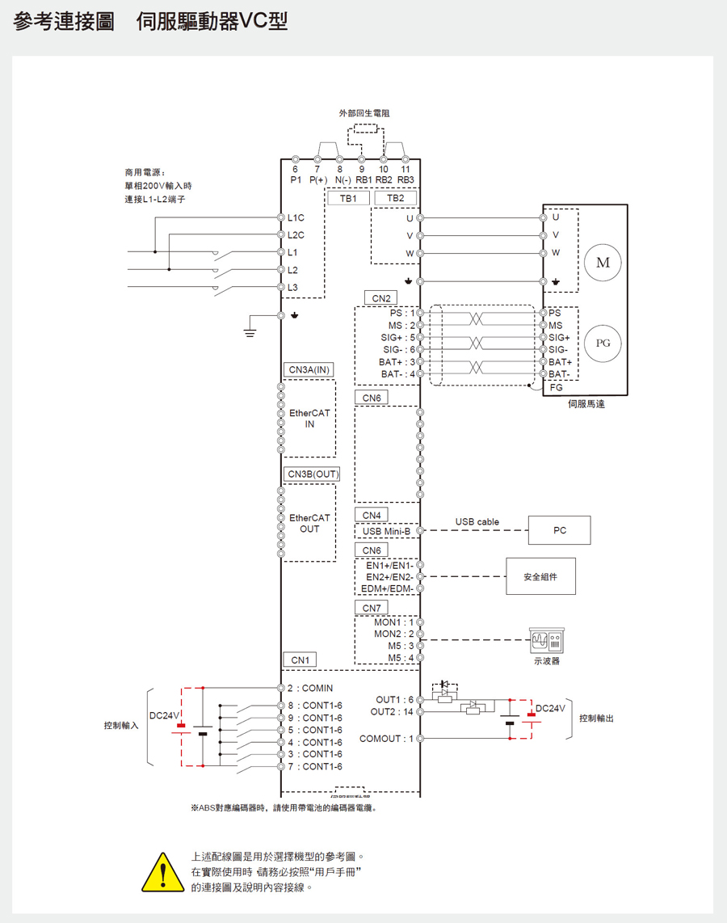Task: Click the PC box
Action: click(x=560, y=530)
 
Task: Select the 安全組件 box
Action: click(x=540, y=576)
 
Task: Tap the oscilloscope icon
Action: click(x=547, y=641)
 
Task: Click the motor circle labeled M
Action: click(x=603, y=263)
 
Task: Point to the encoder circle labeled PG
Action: click(x=603, y=343)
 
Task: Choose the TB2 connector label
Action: click(x=396, y=198)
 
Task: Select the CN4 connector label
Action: click(x=371, y=515)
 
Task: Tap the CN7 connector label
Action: click(x=371, y=608)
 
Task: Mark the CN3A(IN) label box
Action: click(x=309, y=369)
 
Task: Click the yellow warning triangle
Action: click(x=162, y=872)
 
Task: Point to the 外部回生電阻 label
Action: click(x=364, y=113)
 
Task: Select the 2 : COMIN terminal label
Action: click(x=309, y=689)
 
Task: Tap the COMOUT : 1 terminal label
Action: click(x=386, y=738)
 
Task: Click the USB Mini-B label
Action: click(x=386, y=531)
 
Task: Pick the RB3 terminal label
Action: click(x=406, y=179)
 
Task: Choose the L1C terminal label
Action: click(x=296, y=218)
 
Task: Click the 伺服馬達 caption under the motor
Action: click(x=586, y=403)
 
